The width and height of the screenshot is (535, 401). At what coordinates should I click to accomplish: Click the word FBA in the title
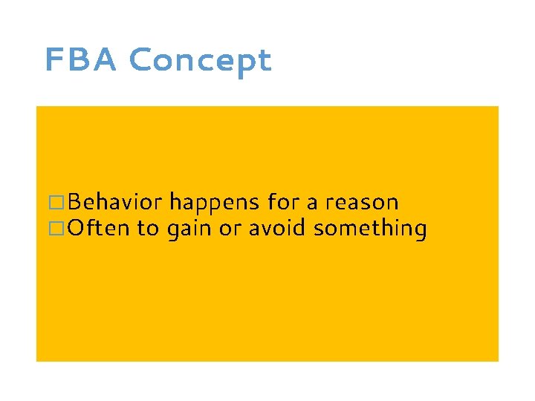tap(81, 60)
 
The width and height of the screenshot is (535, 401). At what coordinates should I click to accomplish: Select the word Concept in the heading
tap(200, 61)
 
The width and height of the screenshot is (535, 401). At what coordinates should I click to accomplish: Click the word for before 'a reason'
tap(282, 202)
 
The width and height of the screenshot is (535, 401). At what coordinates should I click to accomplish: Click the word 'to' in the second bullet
tap(148, 229)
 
